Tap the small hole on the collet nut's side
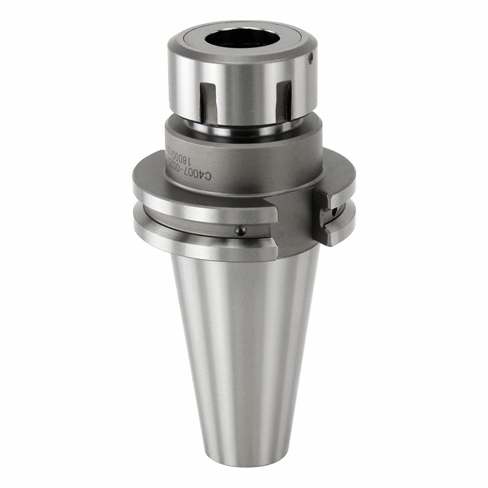point(310,59)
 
